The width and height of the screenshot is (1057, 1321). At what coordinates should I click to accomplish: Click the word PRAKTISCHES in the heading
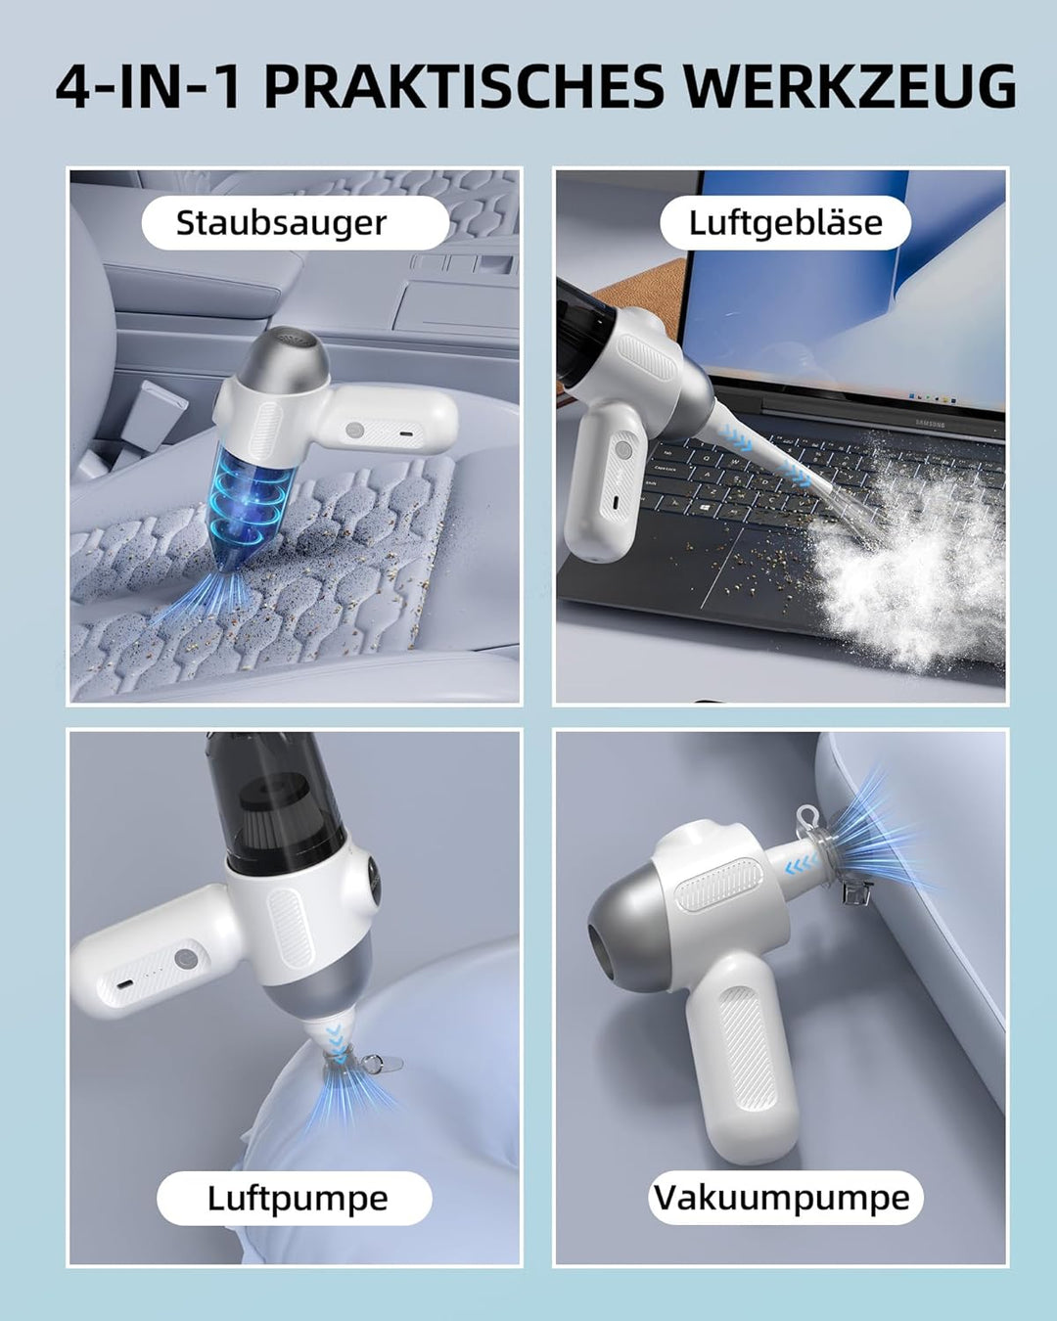(x=464, y=87)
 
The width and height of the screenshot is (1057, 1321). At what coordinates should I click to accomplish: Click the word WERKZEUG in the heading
(x=850, y=87)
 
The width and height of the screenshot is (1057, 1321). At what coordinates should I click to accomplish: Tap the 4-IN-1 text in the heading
(x=148, y=87)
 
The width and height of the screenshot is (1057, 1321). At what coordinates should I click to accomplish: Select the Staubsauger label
(x=282, y=223)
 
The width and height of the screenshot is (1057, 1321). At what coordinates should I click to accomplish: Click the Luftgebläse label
(x=785, y=223)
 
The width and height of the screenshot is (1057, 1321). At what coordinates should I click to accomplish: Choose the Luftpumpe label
(x=297, y=1199)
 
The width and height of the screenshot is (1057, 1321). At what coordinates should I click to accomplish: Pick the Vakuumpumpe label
(x=783, y=1199)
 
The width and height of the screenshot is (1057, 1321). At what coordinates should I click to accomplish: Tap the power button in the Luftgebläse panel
(x=621, y=451)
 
